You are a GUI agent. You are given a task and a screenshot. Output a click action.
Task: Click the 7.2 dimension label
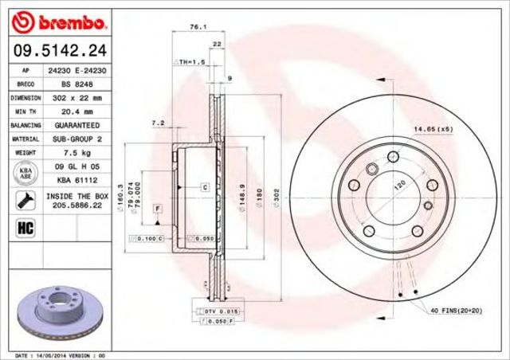157,123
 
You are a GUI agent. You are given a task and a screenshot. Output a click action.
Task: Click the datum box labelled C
205,187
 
